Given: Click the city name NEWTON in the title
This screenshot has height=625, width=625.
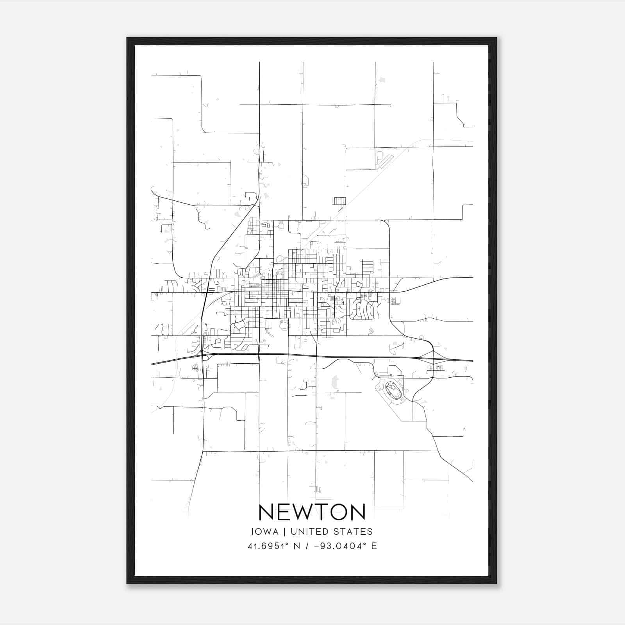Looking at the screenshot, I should [x=312, y=512].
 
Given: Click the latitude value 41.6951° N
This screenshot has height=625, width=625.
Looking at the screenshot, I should [x=273, y=546].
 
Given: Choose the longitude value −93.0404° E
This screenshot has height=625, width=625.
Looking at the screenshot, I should [x=344, y=546].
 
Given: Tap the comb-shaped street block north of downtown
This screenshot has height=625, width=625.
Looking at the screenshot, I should [x=339, y=202].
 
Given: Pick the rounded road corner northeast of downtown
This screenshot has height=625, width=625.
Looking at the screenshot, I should [x=387, y=223].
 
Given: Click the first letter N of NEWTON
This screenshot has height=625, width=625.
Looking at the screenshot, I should [x=266, y=512].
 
